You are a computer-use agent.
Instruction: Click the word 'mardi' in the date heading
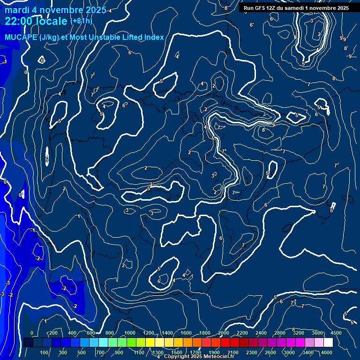[x=16, y=10]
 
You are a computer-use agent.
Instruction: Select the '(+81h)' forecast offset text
[x=81, y=21]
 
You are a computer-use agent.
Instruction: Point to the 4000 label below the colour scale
[x=327, y=352]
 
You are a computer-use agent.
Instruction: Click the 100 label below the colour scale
[x=45, y=352]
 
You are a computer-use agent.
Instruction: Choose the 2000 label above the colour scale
[x=224, y=333]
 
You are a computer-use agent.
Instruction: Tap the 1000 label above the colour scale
[x=130, y=333]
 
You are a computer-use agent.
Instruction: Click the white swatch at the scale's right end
[x=328, y=343]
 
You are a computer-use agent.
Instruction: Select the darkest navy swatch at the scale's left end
[x=28, y=343]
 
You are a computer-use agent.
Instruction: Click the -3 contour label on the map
[x=7, y=283]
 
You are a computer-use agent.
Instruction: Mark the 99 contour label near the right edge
[x=343, y=38]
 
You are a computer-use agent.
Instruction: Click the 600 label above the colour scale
[x=90, y=333]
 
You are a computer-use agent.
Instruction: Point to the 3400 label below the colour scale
[x=308, y=352]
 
